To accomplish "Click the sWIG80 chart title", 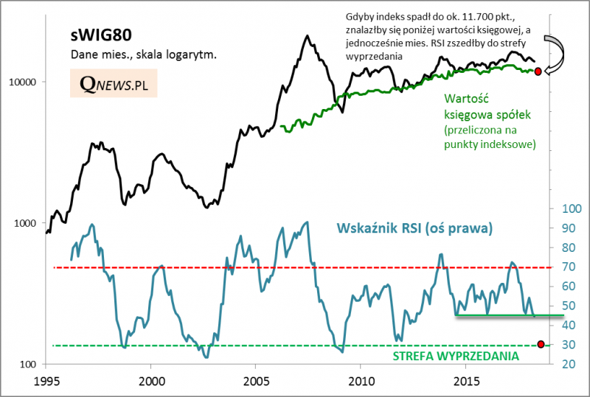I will point(102,36).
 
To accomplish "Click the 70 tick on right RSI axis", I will point(568,267).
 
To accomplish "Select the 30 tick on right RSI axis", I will point(568,345).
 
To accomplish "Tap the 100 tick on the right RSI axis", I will point(570,208).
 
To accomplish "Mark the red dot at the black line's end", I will point(538,71).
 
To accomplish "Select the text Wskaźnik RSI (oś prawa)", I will point(414,228).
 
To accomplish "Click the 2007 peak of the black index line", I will point(305,36).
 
